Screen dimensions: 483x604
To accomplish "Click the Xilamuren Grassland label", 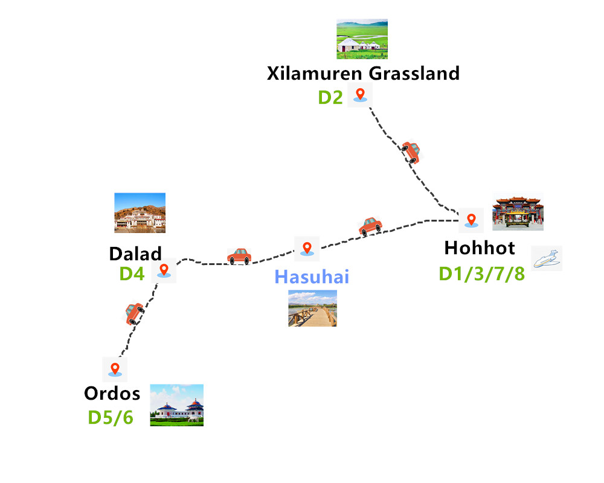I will coord(363,74).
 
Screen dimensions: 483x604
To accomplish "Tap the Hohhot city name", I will coord(480,248).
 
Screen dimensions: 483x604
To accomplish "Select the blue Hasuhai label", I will coord(312,277).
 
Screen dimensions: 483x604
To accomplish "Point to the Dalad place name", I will coord(135,253).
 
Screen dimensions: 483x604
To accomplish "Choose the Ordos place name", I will coord(112,394).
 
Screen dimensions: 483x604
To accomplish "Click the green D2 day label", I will coord(330,97).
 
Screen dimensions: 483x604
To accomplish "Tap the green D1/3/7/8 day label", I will coord(481,273).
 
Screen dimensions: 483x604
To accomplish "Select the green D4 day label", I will coord(132,273).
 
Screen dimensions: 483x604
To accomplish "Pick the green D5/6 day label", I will coord(111,417).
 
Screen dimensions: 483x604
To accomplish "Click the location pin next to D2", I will coord(361,94).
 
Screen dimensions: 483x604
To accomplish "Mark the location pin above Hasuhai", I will coord(307,248).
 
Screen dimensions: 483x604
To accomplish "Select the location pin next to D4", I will coord(163,270).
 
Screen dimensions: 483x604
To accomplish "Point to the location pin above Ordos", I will coord(114,368).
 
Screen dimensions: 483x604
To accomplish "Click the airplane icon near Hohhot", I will coord(547,258).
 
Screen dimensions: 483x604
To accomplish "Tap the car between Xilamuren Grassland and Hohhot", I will coord(411,152).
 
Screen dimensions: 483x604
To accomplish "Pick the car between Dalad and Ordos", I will coord(134,313).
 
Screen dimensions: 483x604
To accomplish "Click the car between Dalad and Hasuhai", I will coord(239,256).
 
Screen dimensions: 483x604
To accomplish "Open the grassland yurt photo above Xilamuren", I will coord(362,39).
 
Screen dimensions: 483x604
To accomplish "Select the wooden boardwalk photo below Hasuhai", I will coord(312,309).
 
